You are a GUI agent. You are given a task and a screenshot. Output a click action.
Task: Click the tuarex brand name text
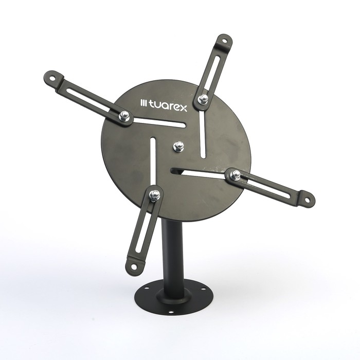click(x=168, y=106)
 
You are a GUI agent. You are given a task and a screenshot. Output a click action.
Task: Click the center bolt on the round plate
click(x=178, y=146)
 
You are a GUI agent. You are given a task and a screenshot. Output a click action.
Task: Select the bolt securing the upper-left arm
click(x=124, y=116)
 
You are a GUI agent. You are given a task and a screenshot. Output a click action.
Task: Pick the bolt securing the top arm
click(x=203, y=99)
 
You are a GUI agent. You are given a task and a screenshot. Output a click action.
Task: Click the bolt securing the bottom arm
click(x=154, y=195)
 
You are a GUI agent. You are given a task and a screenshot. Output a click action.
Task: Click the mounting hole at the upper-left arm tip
click(x=53, y=78)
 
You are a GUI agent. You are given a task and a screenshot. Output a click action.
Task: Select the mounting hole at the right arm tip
click(x=307, y=200)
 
